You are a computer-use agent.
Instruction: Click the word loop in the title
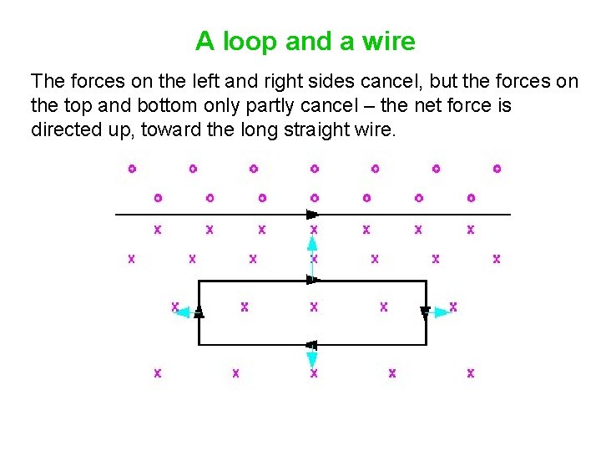(247, 41)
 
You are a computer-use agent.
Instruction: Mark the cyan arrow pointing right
(440, 312)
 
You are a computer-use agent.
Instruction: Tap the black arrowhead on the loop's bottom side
(311, 344)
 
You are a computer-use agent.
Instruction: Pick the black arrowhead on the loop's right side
(426, 312)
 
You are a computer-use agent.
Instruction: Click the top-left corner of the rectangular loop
(199, 281)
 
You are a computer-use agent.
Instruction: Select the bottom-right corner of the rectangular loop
(426, 344)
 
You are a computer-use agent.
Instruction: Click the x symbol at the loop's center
(314, 307)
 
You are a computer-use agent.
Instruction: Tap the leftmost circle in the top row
(132, 169)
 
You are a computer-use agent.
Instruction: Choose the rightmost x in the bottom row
(471, 372)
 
